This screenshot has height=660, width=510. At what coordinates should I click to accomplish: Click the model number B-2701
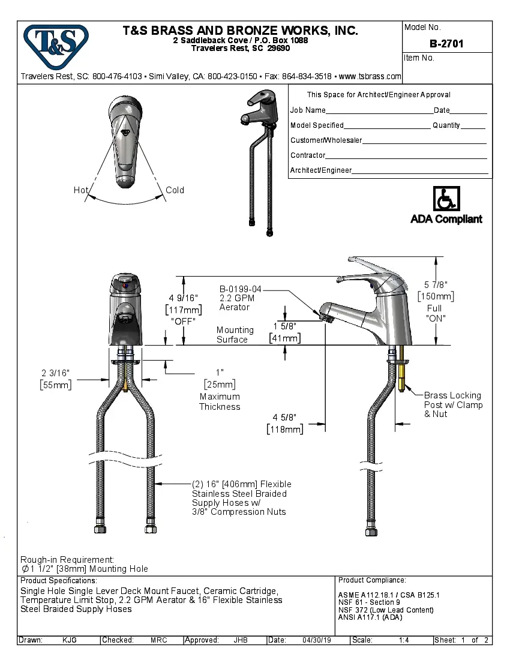[446, 44]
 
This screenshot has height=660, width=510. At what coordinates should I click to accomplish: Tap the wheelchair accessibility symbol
[446, 199]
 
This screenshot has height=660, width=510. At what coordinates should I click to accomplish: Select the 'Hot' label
[81, 190]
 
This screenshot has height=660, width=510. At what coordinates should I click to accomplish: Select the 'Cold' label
[175, 190]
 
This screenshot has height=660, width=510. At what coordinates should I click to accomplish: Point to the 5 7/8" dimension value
[436, 286]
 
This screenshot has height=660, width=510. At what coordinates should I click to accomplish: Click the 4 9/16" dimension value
[184, 298]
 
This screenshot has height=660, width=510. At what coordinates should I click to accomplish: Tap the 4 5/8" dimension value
[284, 418]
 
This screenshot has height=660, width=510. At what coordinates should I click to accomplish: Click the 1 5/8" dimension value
[285, 327]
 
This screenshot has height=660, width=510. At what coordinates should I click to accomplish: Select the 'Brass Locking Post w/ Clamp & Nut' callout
[453, 404]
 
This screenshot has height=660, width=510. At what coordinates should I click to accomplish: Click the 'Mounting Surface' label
[235, 335]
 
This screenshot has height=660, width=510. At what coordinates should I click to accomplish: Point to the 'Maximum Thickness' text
[220, 401]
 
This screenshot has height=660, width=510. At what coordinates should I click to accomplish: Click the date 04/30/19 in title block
[317, 640]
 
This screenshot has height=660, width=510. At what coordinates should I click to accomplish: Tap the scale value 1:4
[404, 640]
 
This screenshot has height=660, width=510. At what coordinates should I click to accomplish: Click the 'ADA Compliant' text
[446, 219]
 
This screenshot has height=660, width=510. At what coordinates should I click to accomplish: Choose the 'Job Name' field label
[308, 110]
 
